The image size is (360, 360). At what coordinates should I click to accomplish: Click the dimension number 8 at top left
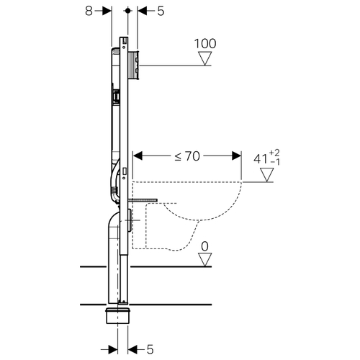pos(89,11)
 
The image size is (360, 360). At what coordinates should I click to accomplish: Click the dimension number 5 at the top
pos(161,11)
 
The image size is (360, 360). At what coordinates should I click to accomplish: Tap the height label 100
pos(205,44)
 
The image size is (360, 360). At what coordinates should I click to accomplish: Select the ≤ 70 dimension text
pos(187,156)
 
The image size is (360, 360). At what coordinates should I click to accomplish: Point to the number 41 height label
pos(261,159)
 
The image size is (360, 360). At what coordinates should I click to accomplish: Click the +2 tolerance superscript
pos(274,153)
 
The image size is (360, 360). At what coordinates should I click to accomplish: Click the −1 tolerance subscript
pos(275,162)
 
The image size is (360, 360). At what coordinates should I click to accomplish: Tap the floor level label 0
pos(204,246)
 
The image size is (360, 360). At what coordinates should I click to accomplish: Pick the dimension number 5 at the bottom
pos(150,350)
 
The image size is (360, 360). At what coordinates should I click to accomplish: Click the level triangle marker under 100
pos(205,59)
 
